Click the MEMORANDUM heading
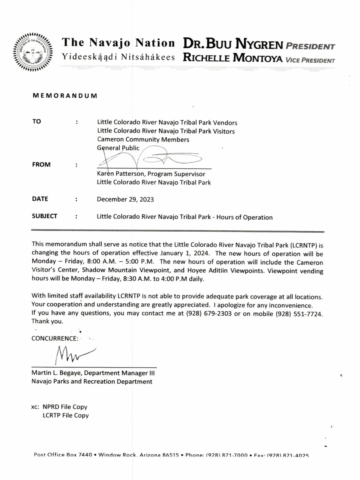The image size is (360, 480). pyautogui.click(x=65, y=96)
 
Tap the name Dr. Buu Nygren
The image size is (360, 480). pyautogui.click(x=233, y=45)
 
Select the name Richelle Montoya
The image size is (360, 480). pyautogui.click(x=232, y=58)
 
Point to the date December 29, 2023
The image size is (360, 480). pyautogui.click(x=125, y=199)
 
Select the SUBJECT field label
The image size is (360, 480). pyautogui.click(x=44, y=216)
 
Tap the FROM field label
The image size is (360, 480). pyautogui.click(x=41, y=164)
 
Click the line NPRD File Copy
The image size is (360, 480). pyautogui.click(x=65, y=407)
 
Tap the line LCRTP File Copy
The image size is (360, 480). pyautogui.click(x=66, y=415)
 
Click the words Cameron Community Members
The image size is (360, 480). pyautogui.click(x=143, y=139)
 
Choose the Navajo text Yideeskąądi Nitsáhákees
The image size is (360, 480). pyautogui.click(x=118, y=57)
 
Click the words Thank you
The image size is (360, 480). pyautogui.click(x=47, y=321)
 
